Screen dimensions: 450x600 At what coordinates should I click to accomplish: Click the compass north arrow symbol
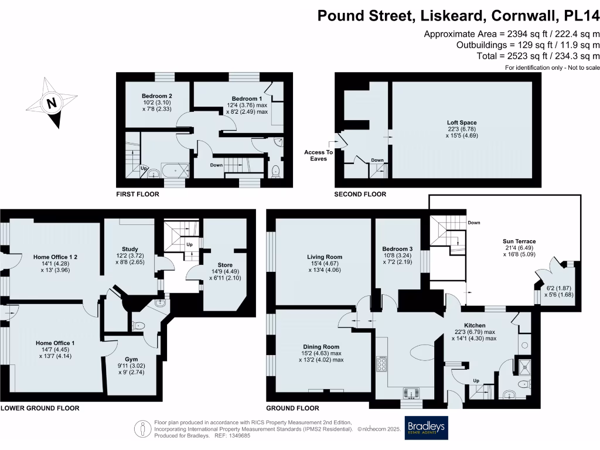click(52, 104)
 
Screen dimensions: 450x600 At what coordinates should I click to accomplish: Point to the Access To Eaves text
click(318, 155)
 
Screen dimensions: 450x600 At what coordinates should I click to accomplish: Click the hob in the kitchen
click(381, 364)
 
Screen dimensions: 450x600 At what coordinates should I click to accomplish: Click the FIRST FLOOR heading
click(137, 194)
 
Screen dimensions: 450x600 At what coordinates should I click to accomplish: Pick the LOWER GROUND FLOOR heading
click(39, 408)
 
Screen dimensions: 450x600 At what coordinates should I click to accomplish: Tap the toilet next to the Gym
click(138, 326)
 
